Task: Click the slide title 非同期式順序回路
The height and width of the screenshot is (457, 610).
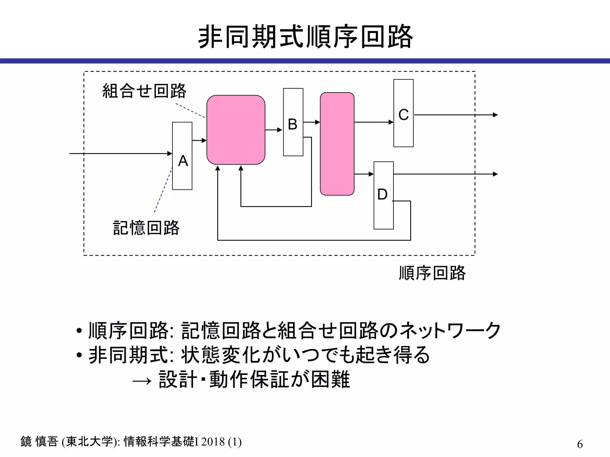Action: pos(305,37)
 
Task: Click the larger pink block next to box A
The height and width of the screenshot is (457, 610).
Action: pos(236,130)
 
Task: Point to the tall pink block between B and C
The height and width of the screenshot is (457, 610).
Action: pos(337,144)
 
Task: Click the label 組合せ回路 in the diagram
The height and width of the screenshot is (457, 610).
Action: pos(144,91)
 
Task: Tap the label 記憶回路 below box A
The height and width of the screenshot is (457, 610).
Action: pos(146,228)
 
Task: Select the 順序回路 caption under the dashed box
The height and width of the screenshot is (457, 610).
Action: pos(432,273)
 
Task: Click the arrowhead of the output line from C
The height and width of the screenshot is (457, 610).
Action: pos(495,115)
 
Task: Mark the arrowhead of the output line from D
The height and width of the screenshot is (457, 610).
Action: pos(495,174)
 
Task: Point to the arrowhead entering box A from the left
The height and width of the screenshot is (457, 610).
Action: pos(170,154)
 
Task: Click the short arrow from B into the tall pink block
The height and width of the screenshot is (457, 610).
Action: pos(312,122)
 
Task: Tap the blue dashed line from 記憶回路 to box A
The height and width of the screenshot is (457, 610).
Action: pos(163,190)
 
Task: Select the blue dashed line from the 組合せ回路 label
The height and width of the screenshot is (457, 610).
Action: pos(190,111)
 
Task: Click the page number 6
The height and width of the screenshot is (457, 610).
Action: pos(580,444)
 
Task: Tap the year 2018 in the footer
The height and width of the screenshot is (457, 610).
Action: pos(213,442)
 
